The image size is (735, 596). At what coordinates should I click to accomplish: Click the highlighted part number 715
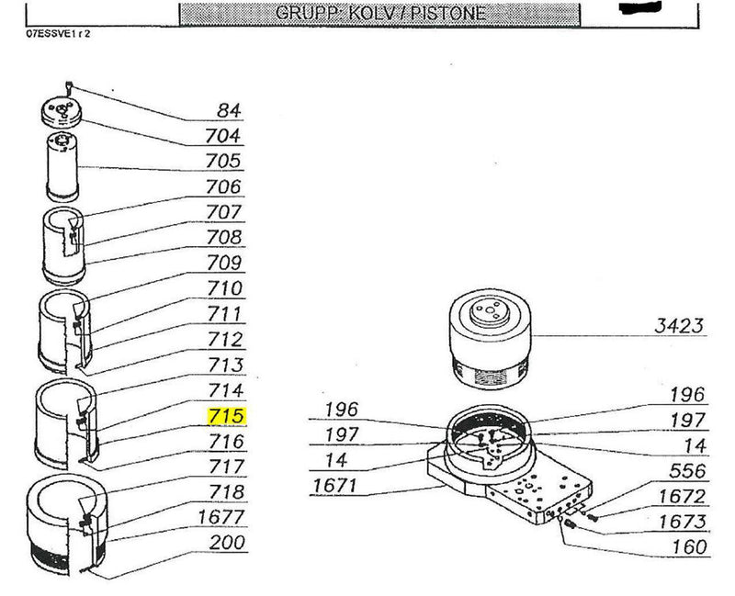pos(226,416)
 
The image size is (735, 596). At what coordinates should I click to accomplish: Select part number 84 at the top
pos(229,111)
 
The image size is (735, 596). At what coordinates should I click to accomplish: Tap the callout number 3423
pos(679,325)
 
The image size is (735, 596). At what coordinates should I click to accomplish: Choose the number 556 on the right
pos(688,472)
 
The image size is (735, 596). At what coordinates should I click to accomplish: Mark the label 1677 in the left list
pos(221,517)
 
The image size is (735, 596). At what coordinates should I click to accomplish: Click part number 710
pos(226,288)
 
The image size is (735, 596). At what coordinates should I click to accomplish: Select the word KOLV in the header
pos(370,13)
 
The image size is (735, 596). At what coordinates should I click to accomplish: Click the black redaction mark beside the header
pos(644,11)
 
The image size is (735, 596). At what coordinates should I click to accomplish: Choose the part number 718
pos(226,492)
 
